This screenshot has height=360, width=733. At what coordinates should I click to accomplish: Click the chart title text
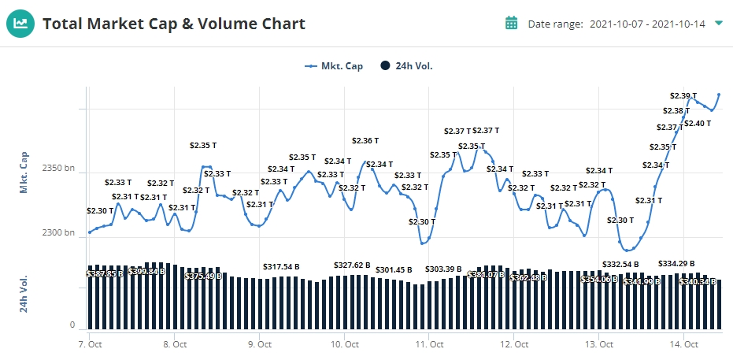(x=173, y=24)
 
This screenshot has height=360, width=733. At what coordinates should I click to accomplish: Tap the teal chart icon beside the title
(x=21, y=24)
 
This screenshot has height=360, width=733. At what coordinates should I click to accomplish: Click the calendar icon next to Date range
(x=511, y=23)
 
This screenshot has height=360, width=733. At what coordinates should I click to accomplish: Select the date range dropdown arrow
(x=718, y=23)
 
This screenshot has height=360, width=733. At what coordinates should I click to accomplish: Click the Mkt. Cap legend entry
(x=335, y=66)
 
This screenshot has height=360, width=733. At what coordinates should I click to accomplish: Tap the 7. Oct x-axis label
(x=90, y=344)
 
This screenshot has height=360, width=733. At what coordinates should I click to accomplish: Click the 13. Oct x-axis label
(x=599, y=344)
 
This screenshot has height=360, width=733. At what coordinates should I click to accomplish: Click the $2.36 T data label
(x=365, y=141)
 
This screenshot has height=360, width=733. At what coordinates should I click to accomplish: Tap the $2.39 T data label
(x=683, y=96)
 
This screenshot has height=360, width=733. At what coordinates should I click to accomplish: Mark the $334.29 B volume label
(x=676, y=263)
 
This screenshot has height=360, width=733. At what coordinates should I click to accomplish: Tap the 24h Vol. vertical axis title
(x=24, y=293)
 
